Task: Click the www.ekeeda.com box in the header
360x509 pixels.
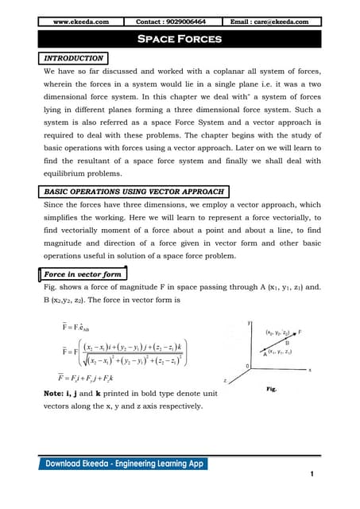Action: pos(81,21)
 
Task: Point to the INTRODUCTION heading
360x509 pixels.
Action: pos(73,59)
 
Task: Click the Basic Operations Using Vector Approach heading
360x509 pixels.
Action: pos(134,192)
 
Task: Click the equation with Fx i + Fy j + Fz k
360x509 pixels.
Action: pos(80,379)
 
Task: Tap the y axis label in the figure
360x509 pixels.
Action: pos(250,322)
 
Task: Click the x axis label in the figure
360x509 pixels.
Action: pos(308,370)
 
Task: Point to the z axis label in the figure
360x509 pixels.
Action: pos(226,381)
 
